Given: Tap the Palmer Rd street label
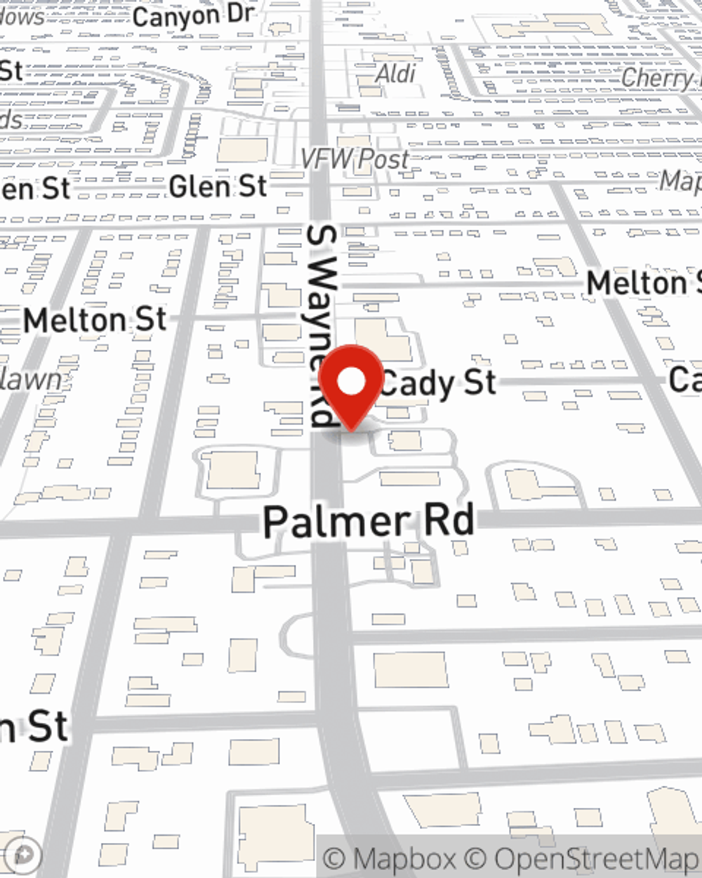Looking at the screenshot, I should tap(369, 521).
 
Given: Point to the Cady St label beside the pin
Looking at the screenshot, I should tap(439, 384).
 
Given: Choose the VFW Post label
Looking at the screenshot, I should tap(355, 159).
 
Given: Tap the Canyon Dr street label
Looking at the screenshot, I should tap(192, 15).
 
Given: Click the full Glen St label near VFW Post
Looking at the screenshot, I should tap(218, 187).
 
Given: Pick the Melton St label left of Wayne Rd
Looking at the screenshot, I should tap(95, 321).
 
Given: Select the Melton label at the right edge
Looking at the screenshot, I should tap(643, 284).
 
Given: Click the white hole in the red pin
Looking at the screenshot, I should tap(351, 381).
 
